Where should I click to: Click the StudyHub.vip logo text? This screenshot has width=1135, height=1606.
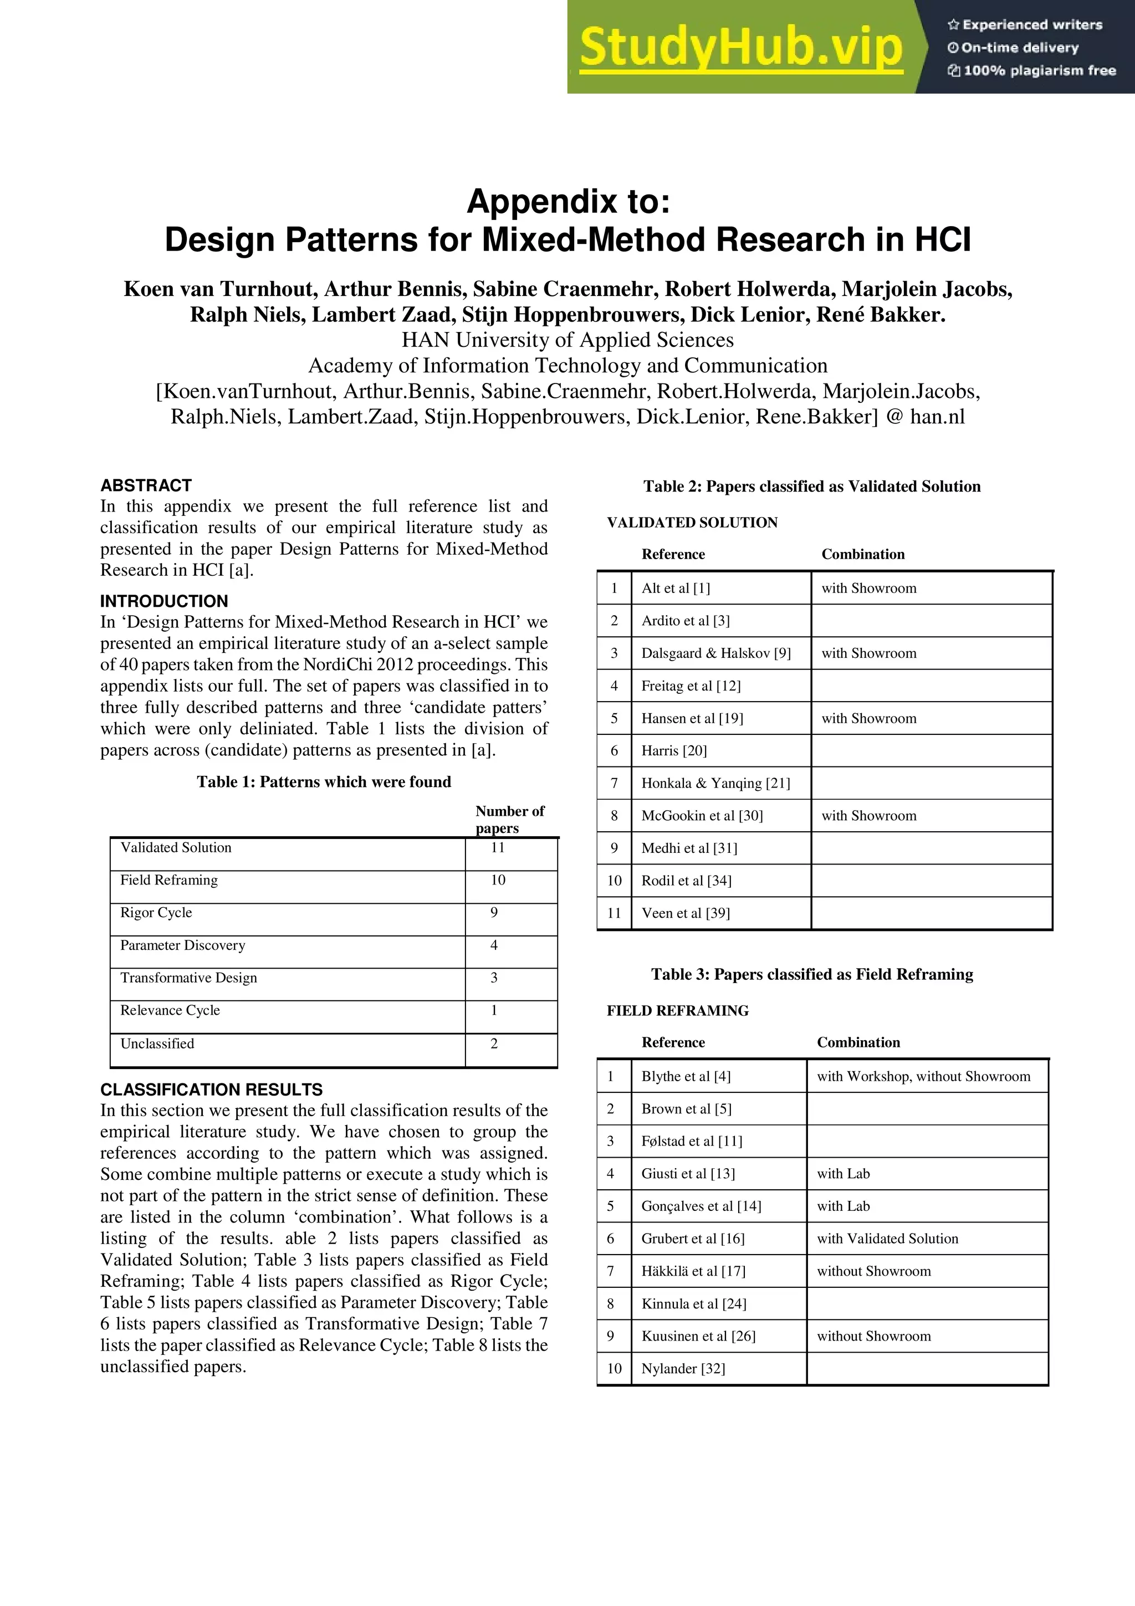click(x=740, y=48)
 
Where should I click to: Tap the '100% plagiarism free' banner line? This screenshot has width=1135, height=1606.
click(x=1032, y=70)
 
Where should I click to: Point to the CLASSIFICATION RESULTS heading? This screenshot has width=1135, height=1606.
click(x=211, y=1089)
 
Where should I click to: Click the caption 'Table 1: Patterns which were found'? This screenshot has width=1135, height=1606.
click(x=324, y=781)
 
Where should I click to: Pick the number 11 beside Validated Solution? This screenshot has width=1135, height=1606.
click(x=497, y=847)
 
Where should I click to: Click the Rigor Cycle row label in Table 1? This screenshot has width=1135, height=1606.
click(x=156, y=912)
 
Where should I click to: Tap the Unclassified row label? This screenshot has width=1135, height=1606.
click(x=157, y=1043)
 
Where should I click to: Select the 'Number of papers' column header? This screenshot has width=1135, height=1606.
click(x=509, y=819)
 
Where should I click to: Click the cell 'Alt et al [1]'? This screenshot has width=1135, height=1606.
click(x=676, y=589)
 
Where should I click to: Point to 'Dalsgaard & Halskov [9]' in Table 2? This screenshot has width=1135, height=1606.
click(x=716, y=653)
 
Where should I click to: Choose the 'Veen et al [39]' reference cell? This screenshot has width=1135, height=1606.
click(x=686, y=913)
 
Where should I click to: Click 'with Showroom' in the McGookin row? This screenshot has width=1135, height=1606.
click(x=868, y=816)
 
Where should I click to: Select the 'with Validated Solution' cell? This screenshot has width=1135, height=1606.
click(x=887, y=1238)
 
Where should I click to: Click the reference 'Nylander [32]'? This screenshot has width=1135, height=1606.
click(x=683, y=1368)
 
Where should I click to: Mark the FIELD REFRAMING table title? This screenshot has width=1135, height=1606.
click(x=678, y=1011)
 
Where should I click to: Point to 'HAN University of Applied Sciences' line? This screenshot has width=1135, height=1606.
click(x=567, y=340)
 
